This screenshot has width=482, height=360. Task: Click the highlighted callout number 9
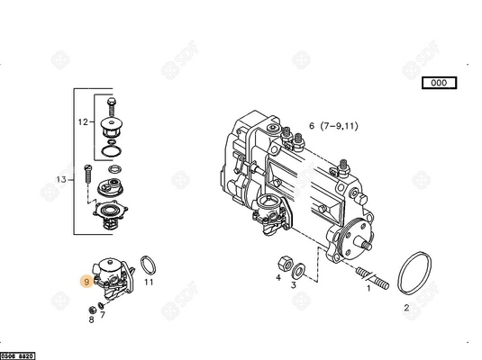pos(86,282)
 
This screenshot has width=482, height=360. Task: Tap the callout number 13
pos(61,180)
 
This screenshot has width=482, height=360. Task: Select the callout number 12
pos(83,121)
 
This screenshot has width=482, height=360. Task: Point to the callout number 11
pos(150,282)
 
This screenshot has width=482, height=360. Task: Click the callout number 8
pos(91,318)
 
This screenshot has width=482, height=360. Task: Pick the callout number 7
pos(103,314)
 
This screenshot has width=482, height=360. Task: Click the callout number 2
pos(406,307)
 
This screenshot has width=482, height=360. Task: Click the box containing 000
pos(439,83)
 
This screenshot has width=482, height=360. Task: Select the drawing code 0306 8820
pos(18,355)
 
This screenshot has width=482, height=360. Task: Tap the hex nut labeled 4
pos(281,265)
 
